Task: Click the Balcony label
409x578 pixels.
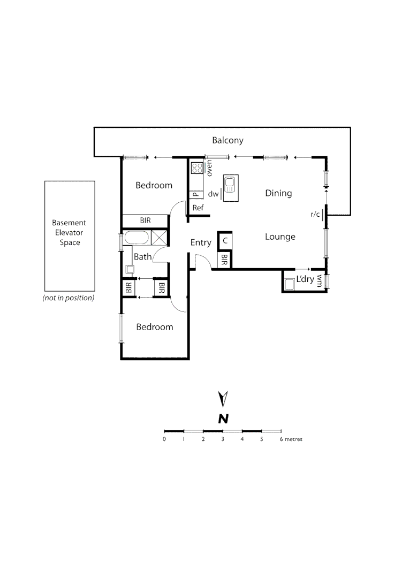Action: (x=228, y=140)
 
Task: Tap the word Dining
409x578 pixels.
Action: (x=278, y=193)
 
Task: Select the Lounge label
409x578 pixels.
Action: (x=280, y=237)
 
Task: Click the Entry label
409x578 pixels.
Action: (x=201, y=242)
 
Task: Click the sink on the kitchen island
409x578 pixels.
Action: (x=230, y=185)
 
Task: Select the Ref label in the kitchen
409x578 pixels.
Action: (x=198, y=208)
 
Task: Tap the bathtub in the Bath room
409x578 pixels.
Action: (x=137, y=238)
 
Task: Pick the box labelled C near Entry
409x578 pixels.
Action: (x=225, y=241)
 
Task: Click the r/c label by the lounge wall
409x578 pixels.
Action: (x=315, y=214)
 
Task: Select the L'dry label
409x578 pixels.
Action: (x=305, y=279)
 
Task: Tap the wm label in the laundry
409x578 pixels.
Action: (x=320, y=280)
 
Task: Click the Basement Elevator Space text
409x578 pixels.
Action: (x=69, y=233)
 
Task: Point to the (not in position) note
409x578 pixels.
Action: (x=69, y=298)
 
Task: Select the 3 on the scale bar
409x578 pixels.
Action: (x=223, y=439)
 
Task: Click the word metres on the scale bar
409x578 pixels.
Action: (x=293, y=439)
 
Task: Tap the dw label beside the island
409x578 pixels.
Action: (x=214, y=194)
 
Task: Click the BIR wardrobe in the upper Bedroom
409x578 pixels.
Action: (x=145, y=220)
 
